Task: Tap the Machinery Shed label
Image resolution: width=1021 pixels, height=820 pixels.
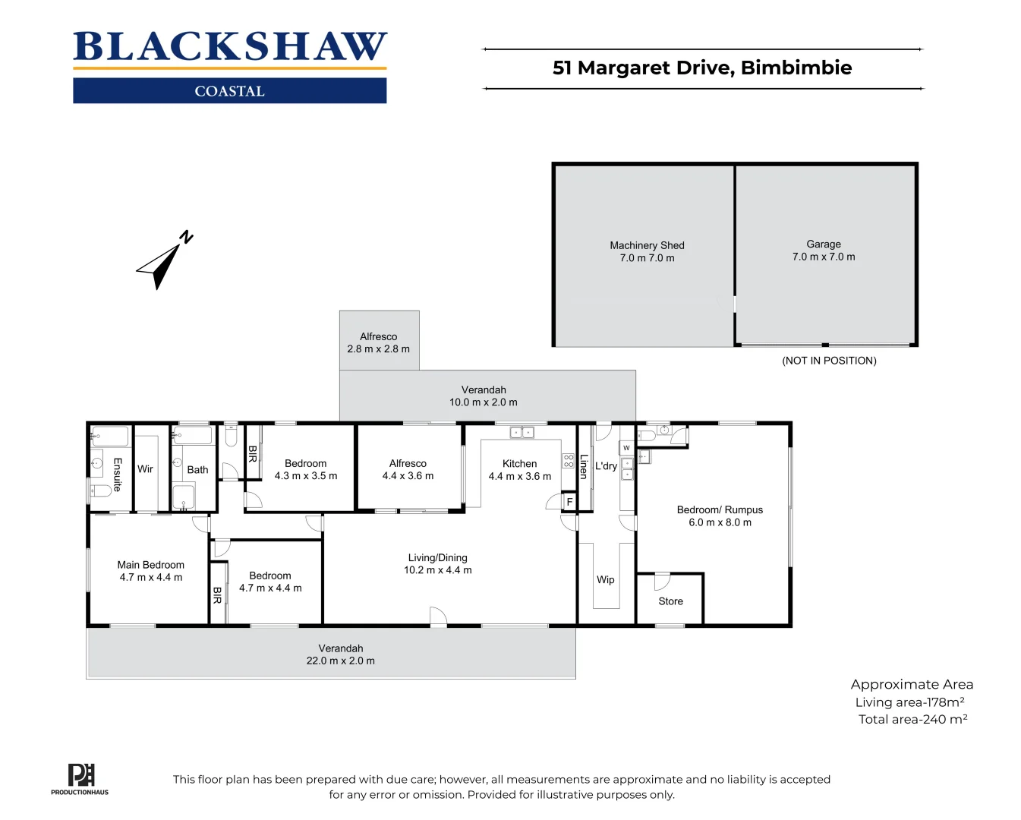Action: click(x=647, y=245)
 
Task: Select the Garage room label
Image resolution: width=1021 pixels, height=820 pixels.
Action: click(x=823, y=244)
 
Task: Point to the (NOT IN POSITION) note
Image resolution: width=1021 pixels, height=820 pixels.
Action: click(x=829, y=361)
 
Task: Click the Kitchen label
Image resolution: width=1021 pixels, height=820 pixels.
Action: click(x=519, y=464)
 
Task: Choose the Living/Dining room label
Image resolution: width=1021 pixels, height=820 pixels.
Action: click(x=437, y=558)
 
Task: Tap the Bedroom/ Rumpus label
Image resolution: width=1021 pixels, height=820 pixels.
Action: click(x=720, y=510)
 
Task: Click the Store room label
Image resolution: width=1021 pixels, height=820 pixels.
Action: click(x=670, y=601)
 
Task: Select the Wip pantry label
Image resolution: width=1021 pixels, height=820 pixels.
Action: click(x=605, y=580)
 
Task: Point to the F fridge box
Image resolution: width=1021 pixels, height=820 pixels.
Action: click(x=569, y=502)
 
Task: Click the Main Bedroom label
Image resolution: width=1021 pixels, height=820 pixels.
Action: click(x=150, y=565)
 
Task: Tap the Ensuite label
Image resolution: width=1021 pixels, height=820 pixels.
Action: click(x=117, y=475)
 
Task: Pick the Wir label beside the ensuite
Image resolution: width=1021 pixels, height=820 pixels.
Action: click(x=145, y=469)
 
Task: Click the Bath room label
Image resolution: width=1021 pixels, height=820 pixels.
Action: click(x=197, y=470)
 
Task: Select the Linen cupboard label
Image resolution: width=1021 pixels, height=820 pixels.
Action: click(x=584, y=466)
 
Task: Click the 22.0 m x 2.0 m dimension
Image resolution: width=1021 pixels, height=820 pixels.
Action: click(x=340, y=661)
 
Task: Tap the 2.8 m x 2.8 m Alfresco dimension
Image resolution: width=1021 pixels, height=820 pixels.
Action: click(x=378, y=349)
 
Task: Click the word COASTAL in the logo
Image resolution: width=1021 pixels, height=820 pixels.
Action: click(x=229, y=91)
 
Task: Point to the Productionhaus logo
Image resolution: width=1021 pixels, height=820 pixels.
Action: click(x=80, y=779)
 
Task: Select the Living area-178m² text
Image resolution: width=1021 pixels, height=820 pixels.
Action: click(x=909, y=702)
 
